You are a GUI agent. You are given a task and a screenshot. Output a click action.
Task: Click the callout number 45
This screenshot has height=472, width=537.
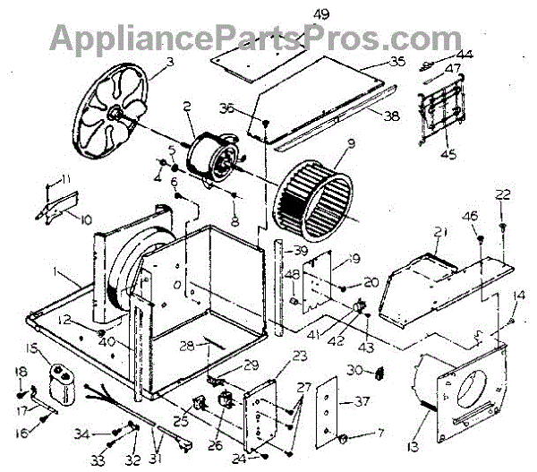coord(448,154)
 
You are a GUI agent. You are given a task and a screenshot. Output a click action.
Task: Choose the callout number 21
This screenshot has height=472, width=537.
coord(439,233)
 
